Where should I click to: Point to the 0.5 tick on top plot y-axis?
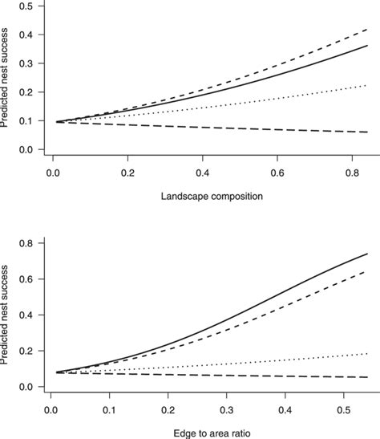tap(30, 6)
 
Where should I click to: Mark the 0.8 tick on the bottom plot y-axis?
tap(30, 243)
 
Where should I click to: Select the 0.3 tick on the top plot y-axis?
tap(30, 63)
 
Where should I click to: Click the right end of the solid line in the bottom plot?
tap(367, 254)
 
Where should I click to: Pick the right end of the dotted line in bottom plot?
tap(367, 353)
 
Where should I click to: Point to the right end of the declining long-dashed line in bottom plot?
tap(367, 376)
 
